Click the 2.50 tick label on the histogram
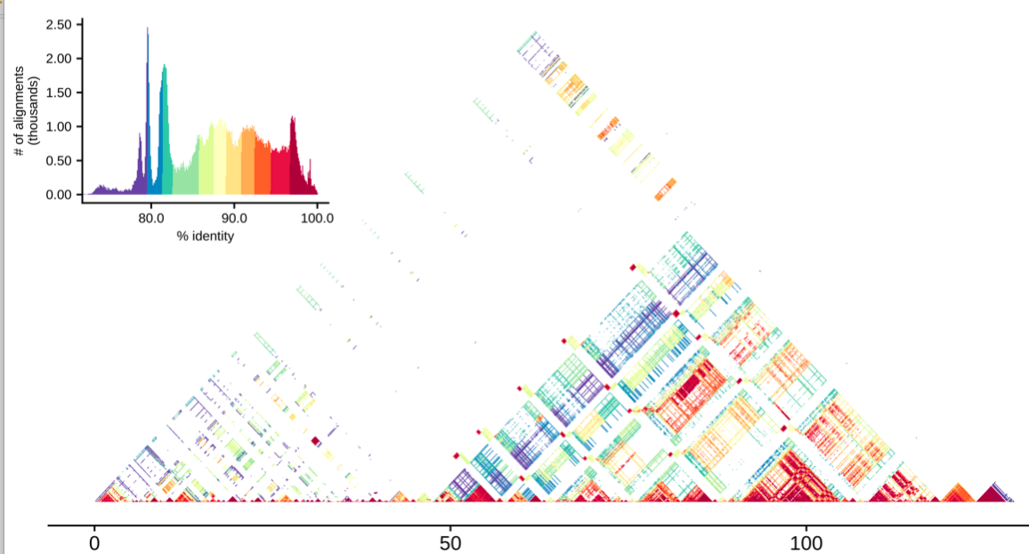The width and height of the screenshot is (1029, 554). coord(59,25)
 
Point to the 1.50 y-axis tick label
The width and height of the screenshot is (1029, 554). coord(59,92)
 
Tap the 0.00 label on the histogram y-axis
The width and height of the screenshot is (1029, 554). coord(59,195)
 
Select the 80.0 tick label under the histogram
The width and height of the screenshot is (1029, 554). coord(150,218)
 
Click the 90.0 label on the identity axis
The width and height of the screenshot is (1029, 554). coord(234,218)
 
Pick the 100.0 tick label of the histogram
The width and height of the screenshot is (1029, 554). coord(316,218)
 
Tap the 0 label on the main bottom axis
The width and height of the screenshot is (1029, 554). coord(93,542)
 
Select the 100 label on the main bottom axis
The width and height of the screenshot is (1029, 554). coord(806,542)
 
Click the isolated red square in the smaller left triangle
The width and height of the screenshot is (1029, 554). coord(315,439)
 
